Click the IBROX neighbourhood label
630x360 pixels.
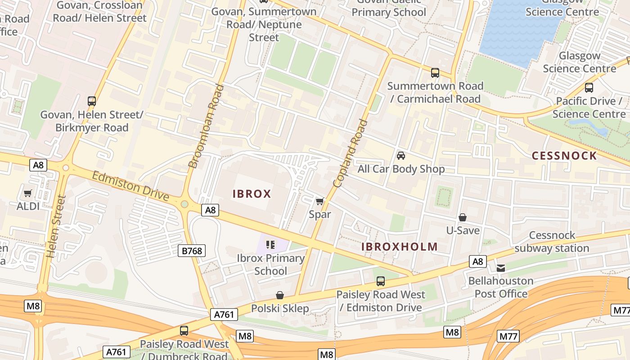pyautogui.click(x=252, y=194)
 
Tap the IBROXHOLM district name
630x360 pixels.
pyautogui.click(x=400, y=247)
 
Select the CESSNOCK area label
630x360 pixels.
pyautogui.click(x=564, y=156)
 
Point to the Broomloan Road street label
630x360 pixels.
pyautogui.click(x=206, y=126)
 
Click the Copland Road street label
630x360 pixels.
pyautogui.click(x=351, y=153)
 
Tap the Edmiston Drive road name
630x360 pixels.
pyautogui.click(x=130, y=186)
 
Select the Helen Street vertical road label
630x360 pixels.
pyautogui.click(x=56, y=226)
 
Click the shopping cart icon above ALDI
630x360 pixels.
pyautogui.click(x=28, y=193)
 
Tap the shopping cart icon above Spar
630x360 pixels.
pyautogui.click(x=319, y=201)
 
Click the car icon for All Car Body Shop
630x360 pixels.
pyautogui.click(x=400, y=156)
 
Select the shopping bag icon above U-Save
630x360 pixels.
pyautogui.click(x=463, y=217)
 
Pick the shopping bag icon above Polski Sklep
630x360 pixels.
pyautogui.click(x=280, y=295)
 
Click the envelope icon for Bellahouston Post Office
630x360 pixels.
pyautogui.click(x=500, y=268)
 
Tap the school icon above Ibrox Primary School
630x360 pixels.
pyautogui.click(x=270, y=245)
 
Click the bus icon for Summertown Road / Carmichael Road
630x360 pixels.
pyautogui.click(x=435, y=72)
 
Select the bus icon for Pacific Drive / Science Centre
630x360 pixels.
pyautogui.click(x=589, y=88)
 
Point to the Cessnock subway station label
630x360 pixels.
pyautogui.click(x=552, y=242)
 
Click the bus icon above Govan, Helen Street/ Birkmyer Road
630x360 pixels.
pyautogui.click(x=92, y=101)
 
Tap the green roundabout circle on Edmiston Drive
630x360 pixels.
pyautogui.click(x=184, y=204)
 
